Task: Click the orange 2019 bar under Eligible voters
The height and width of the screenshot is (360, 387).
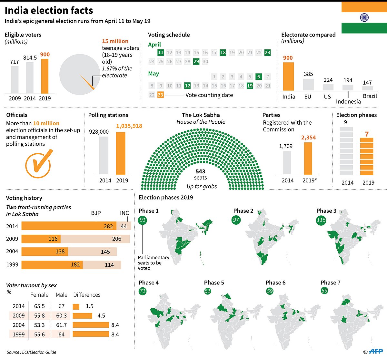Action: pos(45,76)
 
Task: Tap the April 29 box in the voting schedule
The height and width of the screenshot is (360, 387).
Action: pos(196,61)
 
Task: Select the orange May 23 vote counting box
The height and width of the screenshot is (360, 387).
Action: pos(160,95)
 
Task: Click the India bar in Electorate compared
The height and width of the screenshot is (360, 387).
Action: pos(288,76)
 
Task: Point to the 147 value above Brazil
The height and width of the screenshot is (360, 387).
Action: pos(367,83)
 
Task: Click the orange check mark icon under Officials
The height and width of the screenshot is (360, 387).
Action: pos(38,164)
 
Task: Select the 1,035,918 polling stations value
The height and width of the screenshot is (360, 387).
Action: pos(129,126)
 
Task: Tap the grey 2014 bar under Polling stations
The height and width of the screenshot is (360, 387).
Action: pos(104,156)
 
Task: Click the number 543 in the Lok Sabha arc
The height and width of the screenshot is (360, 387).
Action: pos(200,171)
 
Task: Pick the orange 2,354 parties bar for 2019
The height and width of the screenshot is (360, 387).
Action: pos(308,159)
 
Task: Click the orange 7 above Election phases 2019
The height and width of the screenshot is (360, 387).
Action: pos(367,134)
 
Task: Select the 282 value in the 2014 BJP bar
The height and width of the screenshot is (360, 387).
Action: pos(108,226)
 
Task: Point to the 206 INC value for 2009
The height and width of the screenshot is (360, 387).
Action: pos(117,239)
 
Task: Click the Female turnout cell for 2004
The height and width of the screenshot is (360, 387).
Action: pos(39,325)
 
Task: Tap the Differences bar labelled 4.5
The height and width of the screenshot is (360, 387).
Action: pos(83,316)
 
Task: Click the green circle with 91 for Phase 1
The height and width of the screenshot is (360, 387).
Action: pos(143,220)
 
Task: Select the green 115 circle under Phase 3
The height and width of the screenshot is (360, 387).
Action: pos(321,220)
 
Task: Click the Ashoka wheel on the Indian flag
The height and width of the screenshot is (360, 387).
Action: pos(364,17)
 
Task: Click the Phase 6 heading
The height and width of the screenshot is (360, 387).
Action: pos(275,283)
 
